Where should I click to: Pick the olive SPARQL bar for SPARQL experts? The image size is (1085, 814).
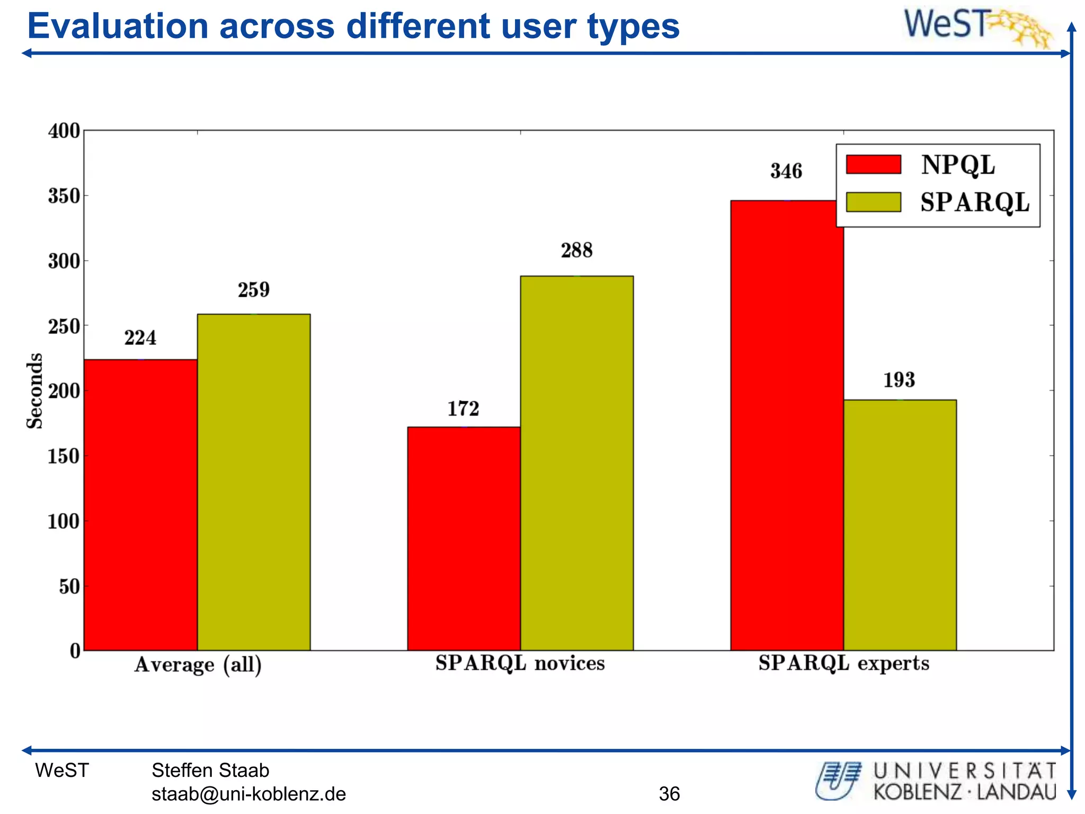coord(900,525)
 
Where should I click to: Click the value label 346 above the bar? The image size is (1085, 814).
coord(786,171)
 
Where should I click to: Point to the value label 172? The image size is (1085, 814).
coord(463,409)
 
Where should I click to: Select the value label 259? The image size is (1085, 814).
coord(253,290)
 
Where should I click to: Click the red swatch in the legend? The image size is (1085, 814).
coord(873,164)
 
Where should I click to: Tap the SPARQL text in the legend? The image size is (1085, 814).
coord(974,202)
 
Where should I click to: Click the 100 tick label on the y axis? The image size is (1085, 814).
coord(64,521)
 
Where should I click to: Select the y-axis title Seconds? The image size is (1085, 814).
coord(35,391)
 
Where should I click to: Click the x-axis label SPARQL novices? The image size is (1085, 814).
coord(520,663)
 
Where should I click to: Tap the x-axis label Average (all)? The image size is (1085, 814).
coord(198,665)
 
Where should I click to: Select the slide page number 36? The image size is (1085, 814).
coord(669,793)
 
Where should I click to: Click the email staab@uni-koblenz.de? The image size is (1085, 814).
coord(248,794)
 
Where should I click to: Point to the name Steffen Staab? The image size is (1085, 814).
coord(210,770)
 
